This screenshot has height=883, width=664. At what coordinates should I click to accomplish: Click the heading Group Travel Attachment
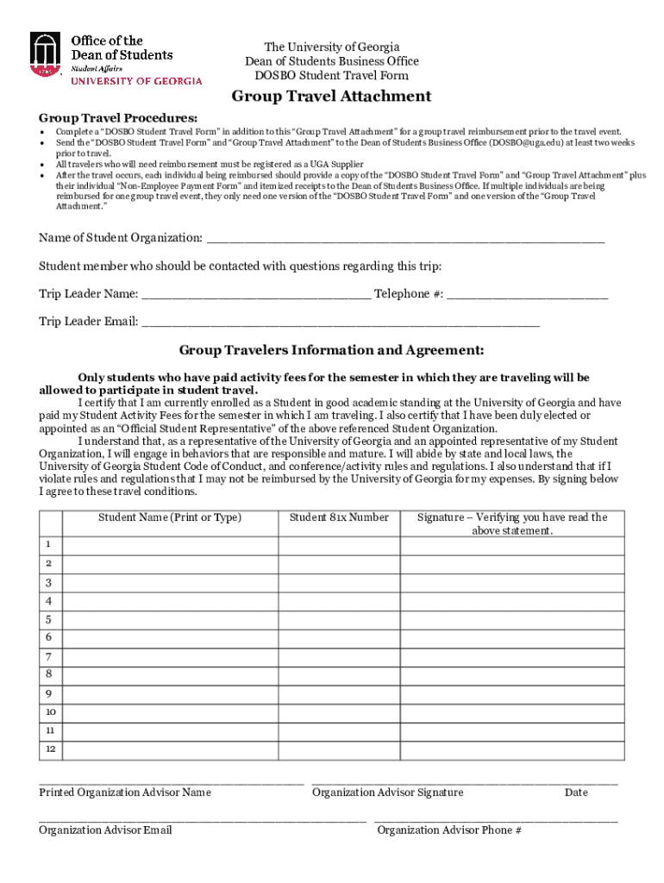pos(331,97)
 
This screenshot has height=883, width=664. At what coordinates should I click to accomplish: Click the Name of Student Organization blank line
pos(405,238)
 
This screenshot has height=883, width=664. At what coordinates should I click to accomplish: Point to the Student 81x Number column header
pos(339,517)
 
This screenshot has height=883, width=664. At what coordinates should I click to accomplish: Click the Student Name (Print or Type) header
pos(170,517)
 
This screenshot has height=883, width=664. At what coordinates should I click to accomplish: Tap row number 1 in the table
pos(49,545)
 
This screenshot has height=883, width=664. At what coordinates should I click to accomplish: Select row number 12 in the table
pos(51,750)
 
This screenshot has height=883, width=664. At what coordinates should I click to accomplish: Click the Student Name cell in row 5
pos(170,619)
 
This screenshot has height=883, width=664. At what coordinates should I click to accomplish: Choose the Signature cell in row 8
pos(512,674)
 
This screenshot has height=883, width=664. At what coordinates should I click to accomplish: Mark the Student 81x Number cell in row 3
pos(339,582)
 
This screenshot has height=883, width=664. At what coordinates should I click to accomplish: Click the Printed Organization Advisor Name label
pos(125,792)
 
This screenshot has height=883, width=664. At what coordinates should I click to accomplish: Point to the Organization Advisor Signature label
pos(387,792)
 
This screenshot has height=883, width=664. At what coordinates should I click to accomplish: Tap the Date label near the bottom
pos(576,792)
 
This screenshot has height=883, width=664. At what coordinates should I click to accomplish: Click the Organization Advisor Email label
pos(105,830)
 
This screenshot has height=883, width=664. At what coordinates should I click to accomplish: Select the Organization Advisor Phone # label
pos(449,830)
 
